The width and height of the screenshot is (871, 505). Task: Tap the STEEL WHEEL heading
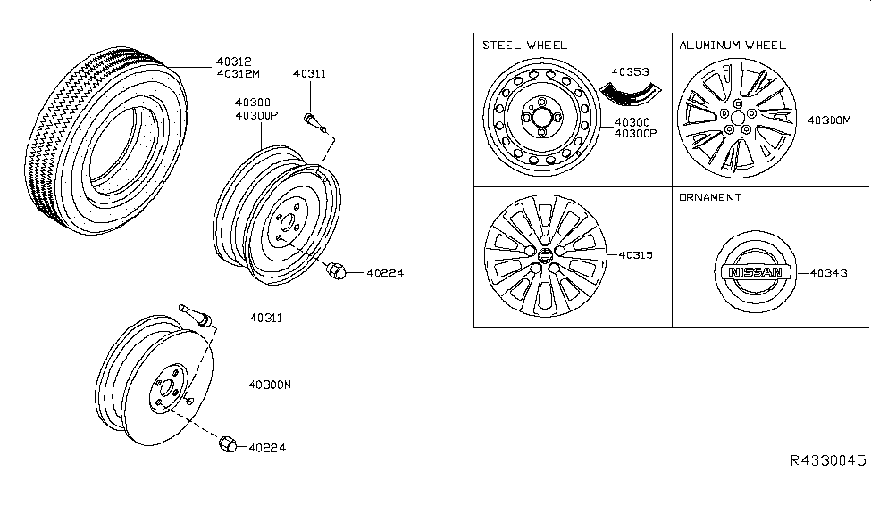coord(524,45)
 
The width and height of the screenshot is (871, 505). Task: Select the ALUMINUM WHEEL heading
coord(732,45)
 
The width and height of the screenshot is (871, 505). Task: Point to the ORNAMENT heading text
coord(709,197)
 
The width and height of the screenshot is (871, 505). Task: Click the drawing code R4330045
coord(827,460)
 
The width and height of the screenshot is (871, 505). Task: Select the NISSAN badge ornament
coord(755,273)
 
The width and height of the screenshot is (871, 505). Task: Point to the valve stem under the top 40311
coord(312,118)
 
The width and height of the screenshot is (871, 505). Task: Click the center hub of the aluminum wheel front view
coord(737,116)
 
